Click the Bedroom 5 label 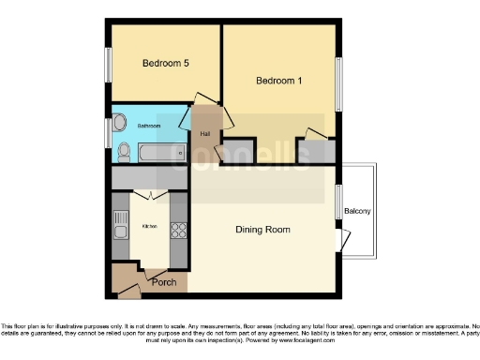[166, 64]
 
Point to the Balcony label [357, 211]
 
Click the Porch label [164, 281]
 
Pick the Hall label [205, 134]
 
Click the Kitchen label [149, 226]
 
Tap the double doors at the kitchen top [149, 194]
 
